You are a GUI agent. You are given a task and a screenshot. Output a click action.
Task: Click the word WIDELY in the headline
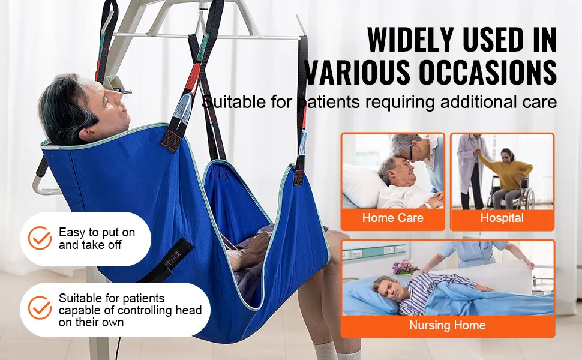coord(411,40)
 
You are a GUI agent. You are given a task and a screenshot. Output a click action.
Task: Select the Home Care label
coord(393,218)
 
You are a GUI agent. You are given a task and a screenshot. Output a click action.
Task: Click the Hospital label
coord(502,218)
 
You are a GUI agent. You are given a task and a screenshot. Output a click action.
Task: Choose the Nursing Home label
coord(447,325)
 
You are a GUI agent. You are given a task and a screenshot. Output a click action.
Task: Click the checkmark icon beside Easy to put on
coord(40,238)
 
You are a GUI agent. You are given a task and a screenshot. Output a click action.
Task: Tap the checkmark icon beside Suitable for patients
coord(40,308)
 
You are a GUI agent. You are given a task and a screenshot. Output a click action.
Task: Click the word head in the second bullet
coord(188,310)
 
